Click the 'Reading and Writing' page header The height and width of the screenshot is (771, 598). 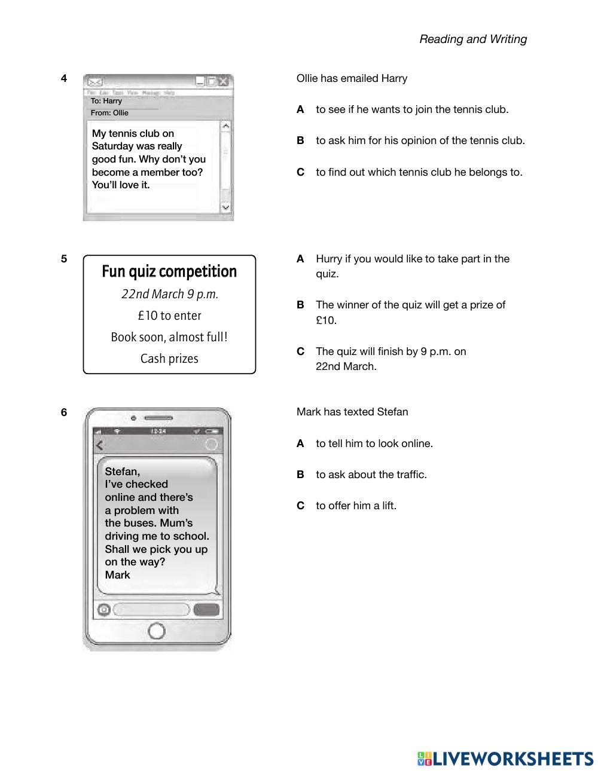[473, 39]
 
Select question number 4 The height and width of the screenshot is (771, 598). [64, 78]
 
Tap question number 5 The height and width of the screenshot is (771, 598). [64, 259]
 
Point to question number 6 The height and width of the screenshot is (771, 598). [64, 412]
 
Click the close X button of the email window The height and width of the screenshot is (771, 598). [224, 82]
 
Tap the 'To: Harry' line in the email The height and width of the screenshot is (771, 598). [106, 101]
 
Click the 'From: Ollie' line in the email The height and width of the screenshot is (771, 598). [109, 112]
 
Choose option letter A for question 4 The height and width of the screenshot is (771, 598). [301, 109]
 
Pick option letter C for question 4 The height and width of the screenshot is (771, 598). [301, 172]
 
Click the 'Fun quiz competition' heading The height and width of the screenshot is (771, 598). [169, 271]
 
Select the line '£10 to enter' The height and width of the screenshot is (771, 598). [169, 316]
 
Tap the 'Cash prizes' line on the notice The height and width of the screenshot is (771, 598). [169, 359]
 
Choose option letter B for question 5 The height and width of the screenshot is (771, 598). [301, 305]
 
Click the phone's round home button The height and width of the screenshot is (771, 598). [156, 631]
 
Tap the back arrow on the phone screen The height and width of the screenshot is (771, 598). [100, 445]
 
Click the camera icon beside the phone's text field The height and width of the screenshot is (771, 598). [104, 610]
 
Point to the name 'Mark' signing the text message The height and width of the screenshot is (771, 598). [118, 575]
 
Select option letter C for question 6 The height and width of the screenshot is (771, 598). [301, 506]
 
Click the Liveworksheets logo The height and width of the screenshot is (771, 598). [505, 759]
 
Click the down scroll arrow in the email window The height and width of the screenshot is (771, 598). [225, 207]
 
